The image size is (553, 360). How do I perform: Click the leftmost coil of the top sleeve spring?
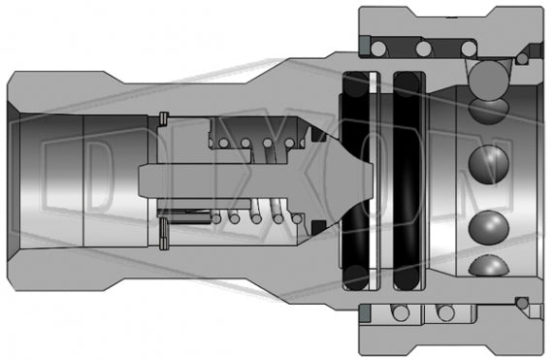(382, 49)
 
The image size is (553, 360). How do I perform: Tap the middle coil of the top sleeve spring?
(424, 49)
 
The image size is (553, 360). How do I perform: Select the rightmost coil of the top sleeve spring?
(468, 49)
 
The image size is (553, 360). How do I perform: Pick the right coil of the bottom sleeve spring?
(444, 313)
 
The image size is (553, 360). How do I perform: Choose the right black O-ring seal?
(407, 179)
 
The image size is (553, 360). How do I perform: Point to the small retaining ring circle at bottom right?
(523, 304)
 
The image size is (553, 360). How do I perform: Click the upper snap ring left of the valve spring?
(163, 120)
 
